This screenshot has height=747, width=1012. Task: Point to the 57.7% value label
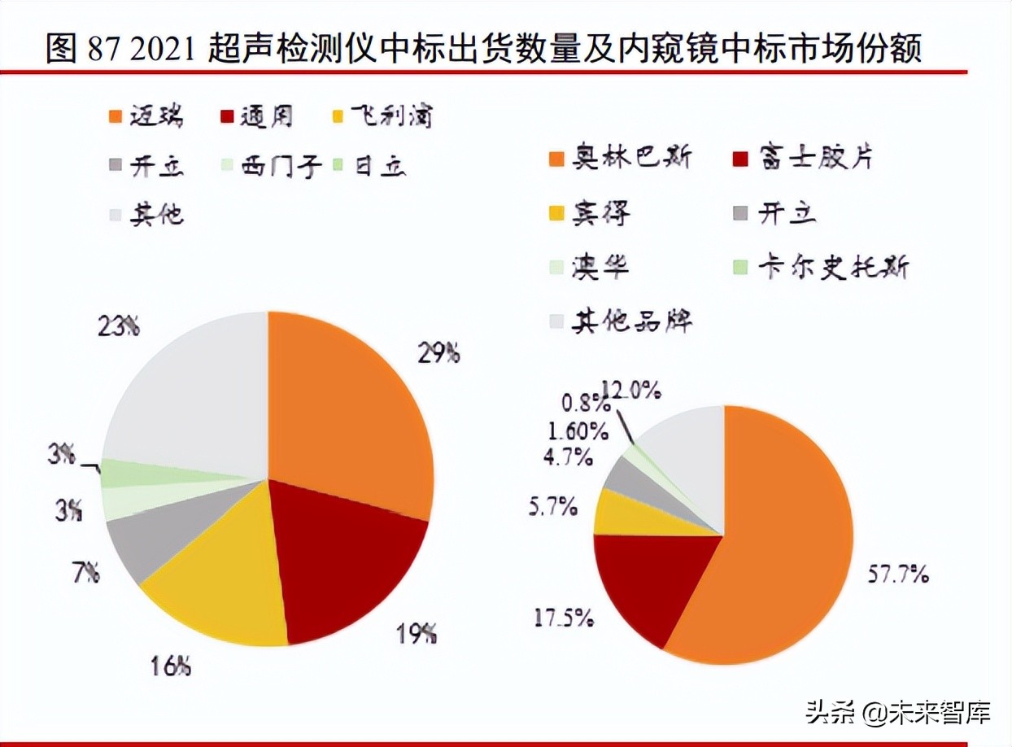tap(896, 575)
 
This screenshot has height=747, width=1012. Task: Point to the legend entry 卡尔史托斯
tap(822, 266)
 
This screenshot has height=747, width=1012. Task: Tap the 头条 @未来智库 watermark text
tap(897, 714)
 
